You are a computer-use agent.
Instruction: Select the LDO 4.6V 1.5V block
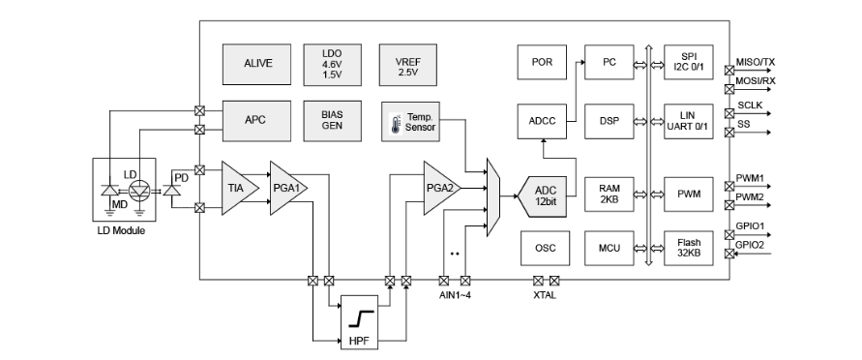[x=332, y=64]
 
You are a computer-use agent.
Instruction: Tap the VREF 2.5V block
[x=408, y=64]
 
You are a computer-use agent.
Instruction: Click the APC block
[x=256, y=120]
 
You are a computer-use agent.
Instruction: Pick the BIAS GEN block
[x=332, y=120]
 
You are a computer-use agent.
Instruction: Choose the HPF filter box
[x=360, y=321]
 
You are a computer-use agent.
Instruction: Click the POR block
[x=542, y=62]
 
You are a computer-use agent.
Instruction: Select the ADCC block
[x=542, y=121]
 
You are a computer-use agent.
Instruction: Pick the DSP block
[x=609, y=121]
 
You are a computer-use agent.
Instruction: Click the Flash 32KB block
[x=689, y=248]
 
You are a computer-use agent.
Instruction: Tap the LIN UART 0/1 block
[x=689, y=121]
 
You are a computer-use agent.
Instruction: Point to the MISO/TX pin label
[x=756, y=62]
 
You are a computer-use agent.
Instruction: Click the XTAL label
[x=545, y=295]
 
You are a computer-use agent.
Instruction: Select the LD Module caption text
[x=121, y=231]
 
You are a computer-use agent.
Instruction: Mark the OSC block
[x=545, y=248]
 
